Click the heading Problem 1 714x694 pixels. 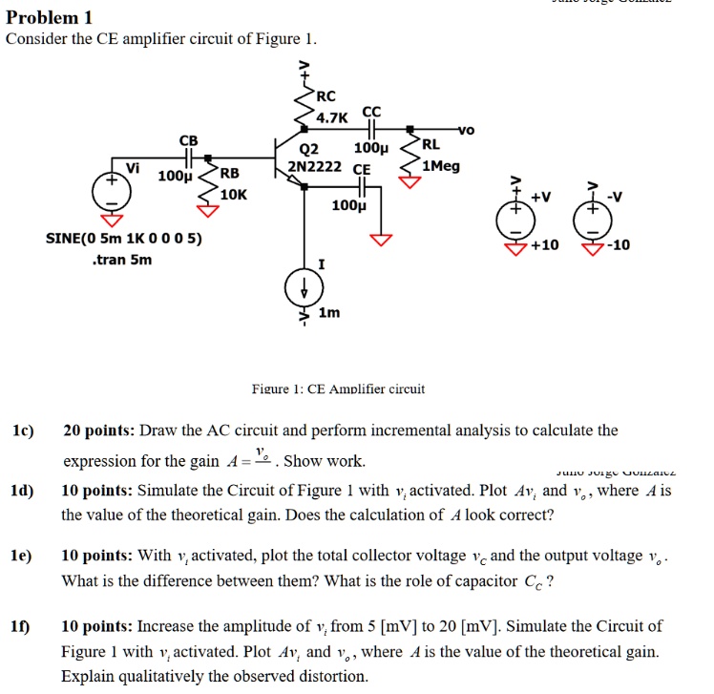tap(50, 16)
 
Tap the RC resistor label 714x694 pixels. tap(326, 96)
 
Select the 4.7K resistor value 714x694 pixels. tap(333, 116)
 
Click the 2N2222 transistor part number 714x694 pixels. tap(314, 166)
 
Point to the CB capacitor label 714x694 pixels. tap(189, 140)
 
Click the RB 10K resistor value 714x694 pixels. tap(233, 194)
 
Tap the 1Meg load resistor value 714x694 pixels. tap(440, 165)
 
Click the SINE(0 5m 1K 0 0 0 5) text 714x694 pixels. tap(124, 238)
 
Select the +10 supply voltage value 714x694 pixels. tap(545, 245)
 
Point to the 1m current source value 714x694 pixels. tap(329, 313)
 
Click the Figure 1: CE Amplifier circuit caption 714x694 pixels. tap(337, 389)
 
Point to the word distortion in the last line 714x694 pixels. tap(336, 677)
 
